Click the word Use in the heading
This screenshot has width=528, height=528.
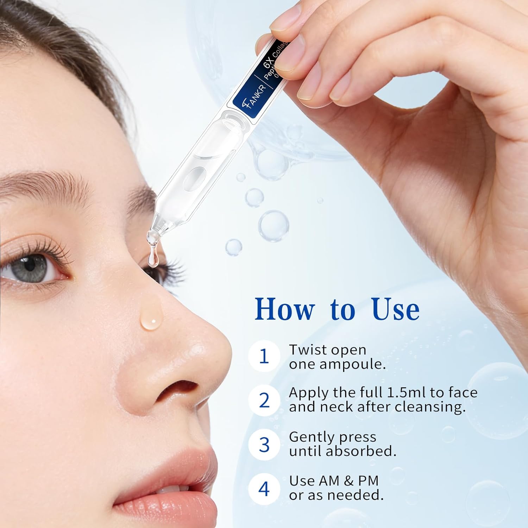pos(395,309)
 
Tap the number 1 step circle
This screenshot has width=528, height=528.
pos(264,356)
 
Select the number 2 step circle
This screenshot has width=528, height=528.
pos(264,400)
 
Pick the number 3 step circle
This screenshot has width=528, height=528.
pos(264,444)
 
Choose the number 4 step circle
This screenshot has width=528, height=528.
pos(264,489)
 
